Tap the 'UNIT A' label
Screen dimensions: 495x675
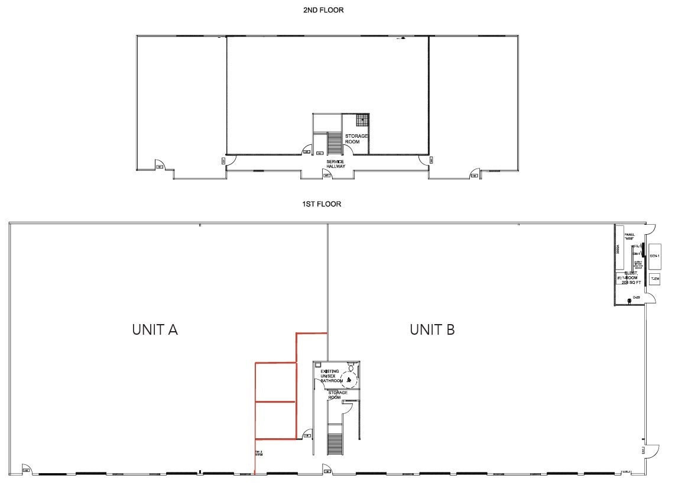point(155,329)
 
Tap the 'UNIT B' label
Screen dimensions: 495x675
point(432,329)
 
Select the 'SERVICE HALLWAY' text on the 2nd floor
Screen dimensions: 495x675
point(335,164)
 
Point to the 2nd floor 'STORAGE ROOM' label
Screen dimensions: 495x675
point(356,139)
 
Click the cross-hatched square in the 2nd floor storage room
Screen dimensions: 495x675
point(362,119)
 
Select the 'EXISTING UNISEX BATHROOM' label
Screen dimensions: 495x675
point(331,376)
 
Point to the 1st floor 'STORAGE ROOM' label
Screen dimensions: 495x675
point(338,395)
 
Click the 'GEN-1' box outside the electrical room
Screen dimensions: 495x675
point(654,255)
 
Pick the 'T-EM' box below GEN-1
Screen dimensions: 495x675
point(654,278)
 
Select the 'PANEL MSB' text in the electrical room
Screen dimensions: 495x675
point(629,237)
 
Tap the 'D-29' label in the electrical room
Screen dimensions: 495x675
point(636,297)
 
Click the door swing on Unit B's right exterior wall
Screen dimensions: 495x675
point(650,451)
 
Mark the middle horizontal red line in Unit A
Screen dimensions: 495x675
point(275,402)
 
